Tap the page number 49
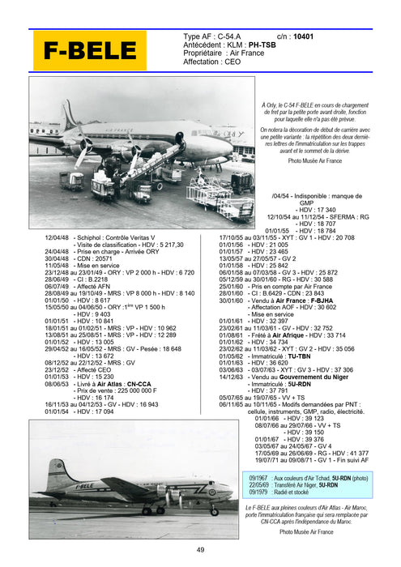(200, 551)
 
